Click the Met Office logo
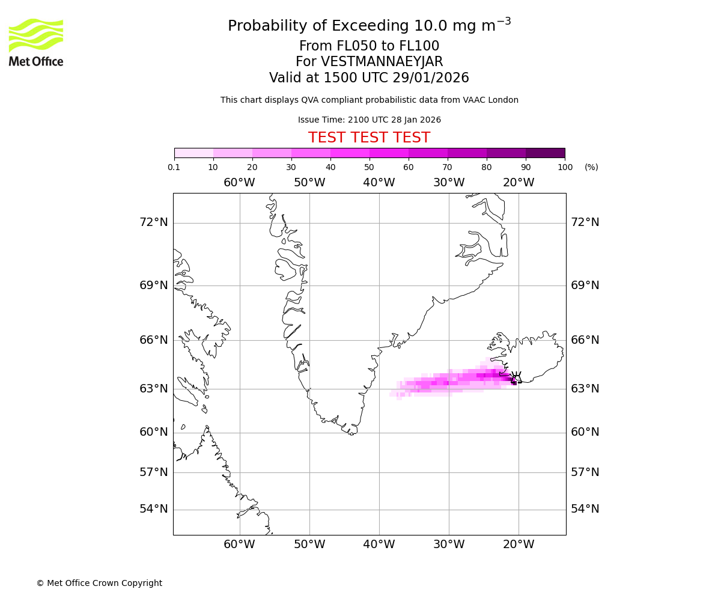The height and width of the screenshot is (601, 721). coord(36,42)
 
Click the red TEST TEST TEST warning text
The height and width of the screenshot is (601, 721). coord(369,138)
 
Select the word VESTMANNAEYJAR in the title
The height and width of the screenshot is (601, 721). coord(382,62)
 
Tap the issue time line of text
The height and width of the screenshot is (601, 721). coord(369,120)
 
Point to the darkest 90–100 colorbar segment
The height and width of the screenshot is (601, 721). coord(545,153)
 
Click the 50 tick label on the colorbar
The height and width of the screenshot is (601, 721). coord(370,167)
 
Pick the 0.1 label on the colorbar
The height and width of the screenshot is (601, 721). coord(174,167)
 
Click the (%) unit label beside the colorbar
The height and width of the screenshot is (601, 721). coord(591,167)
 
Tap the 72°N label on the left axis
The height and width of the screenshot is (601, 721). coord(154,222)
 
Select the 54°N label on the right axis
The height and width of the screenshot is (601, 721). coord(585,509)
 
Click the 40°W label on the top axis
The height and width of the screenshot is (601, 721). coord(379,182)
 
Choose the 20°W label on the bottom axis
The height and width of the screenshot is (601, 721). coord(519,545)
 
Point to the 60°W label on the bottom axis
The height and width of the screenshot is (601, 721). coord(240,545)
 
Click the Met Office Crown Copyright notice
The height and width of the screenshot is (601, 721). coord(99,583)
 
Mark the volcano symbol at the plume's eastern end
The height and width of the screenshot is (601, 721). coord(516,377)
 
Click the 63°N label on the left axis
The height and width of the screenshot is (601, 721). coord(154,389)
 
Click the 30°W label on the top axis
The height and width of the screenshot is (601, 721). coord(449,182)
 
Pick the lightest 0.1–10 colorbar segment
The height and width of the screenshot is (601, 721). coord(193,153)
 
